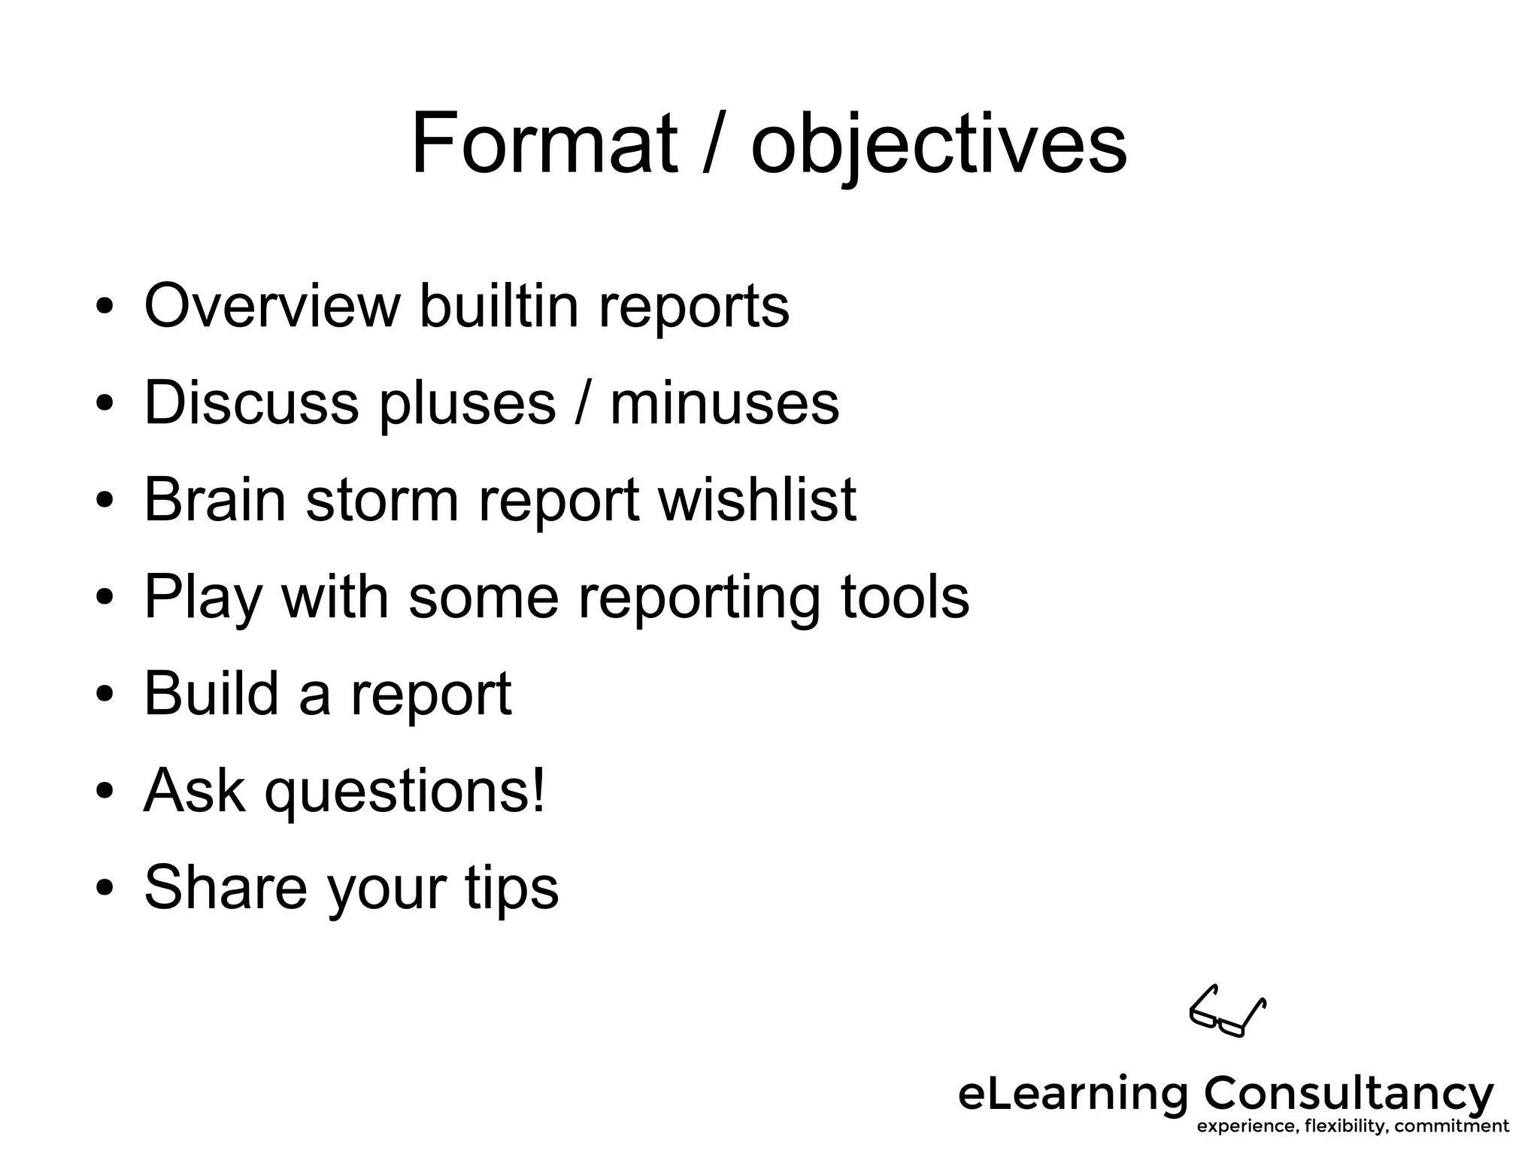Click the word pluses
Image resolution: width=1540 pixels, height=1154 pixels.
(x=467, y=404)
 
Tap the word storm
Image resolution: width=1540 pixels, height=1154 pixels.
(x=382, y=501)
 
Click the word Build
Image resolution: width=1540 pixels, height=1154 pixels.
(x=211, y=692)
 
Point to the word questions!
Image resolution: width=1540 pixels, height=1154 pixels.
(x=405, y=792)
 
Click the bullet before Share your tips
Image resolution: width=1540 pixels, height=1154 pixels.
(x=105, y=887)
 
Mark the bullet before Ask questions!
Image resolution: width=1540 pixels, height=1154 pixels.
(x=105, y=791)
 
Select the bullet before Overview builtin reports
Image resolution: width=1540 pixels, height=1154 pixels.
(x=105, y=306)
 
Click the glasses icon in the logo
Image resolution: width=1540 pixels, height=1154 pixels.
(x=1227, y=1011)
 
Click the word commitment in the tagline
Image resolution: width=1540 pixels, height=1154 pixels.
(x=1451, y=1126)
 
